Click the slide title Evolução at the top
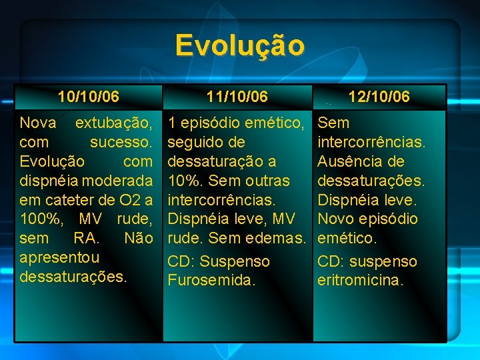coord(240,45)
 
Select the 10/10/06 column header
coord(89,97)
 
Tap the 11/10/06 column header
coord(237,97)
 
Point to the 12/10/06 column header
coord(379,97)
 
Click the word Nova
coord(38,123)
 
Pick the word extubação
coord(114,123)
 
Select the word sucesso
coord(121,142)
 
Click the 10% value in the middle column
coord(183,181)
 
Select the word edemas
coord(279,238)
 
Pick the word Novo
coord(337,219)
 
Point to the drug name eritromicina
coord(360,280)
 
